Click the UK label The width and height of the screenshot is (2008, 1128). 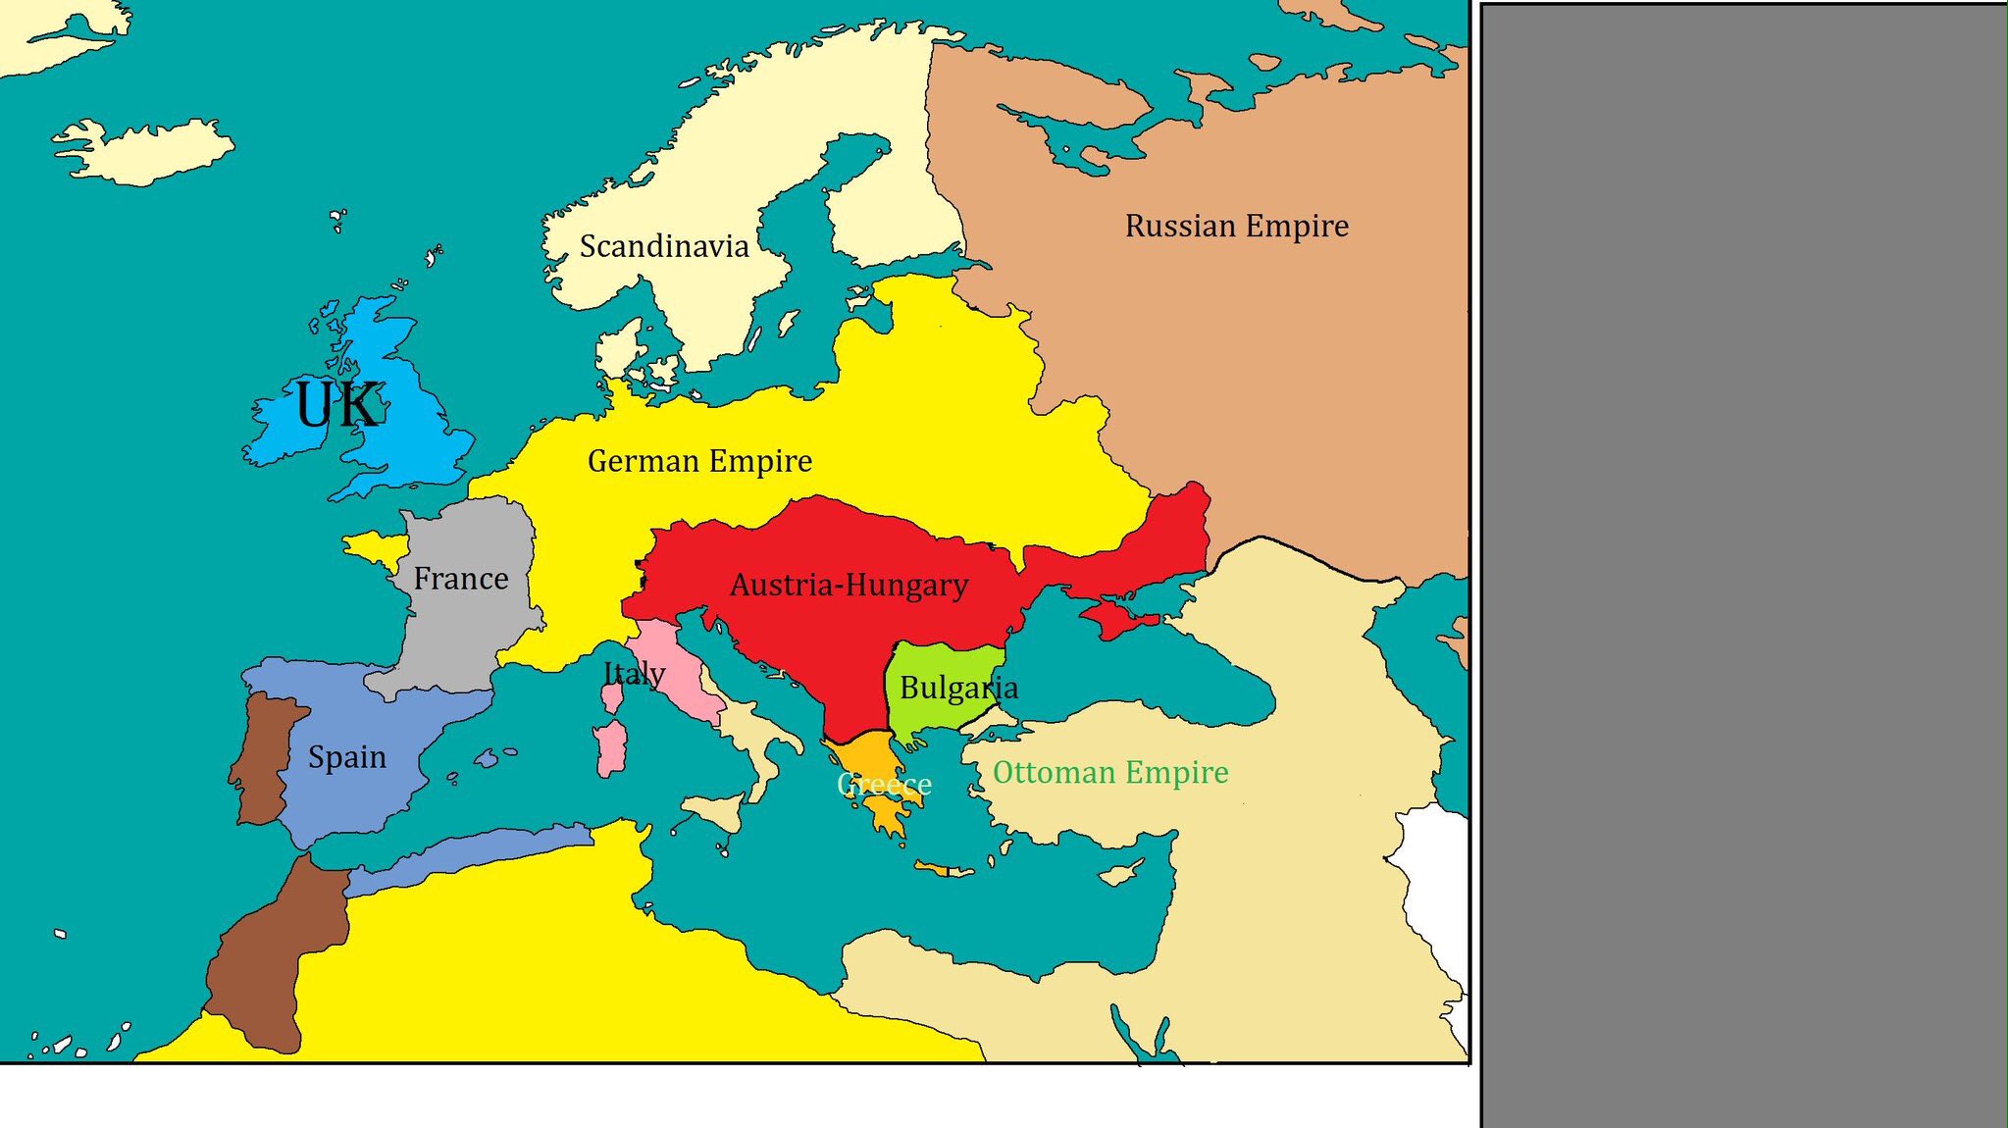pos(337,404)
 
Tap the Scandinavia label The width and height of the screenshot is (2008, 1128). pos(664,246)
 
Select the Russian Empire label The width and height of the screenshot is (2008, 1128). pos(1236,226)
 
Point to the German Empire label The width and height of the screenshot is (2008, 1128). pos(699,461)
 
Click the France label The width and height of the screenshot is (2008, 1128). pos(460,579)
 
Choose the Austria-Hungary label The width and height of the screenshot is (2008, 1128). pos(849,586)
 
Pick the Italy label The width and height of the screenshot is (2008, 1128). pos(634,674)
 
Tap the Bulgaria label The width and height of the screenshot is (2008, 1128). pos(958,689)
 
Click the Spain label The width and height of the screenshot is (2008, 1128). pos(347,757)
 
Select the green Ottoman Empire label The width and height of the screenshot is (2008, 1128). pos(1110,773)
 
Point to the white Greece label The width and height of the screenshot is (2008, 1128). pos(884,785)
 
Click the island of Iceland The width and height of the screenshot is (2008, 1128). pos(147,152)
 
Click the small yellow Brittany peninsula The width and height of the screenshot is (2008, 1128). pos(373,546)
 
